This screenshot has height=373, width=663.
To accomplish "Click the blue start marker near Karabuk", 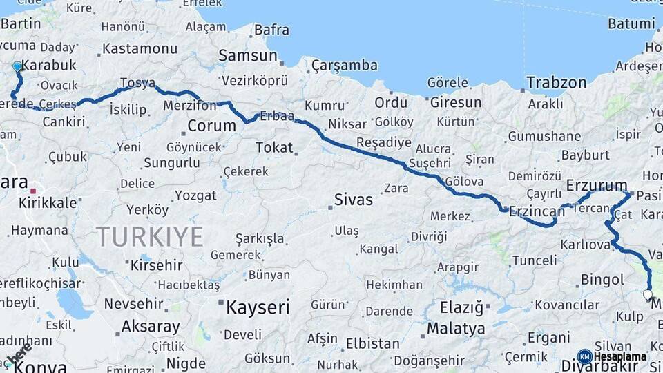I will tap(17, 66).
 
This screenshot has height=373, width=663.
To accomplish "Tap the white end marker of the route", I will tap(647, 294).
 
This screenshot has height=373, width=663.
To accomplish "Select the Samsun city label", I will tap(242, 55).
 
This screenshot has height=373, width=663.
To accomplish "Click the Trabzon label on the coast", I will tap(556, 83).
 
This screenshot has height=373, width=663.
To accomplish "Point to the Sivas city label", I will tap(353, 200).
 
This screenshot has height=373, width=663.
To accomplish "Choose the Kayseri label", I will tap(258, 307).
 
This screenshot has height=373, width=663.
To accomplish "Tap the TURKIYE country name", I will tap(149, 237).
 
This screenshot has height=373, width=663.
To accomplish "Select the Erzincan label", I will tap(537, 212).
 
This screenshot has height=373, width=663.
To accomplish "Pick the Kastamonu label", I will tap(140, 49).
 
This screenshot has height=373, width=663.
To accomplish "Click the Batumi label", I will tap(631, 23).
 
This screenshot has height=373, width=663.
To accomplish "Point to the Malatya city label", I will tap(456, 329).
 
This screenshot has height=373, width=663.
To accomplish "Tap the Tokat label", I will tap(274, 147).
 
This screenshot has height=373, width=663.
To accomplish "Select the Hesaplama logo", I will tap(613, 357).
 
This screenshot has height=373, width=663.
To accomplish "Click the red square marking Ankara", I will tap(32, 187).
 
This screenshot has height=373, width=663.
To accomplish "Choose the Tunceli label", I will tap(534, 260).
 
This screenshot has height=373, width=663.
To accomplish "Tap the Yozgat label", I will tap(195, 196).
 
